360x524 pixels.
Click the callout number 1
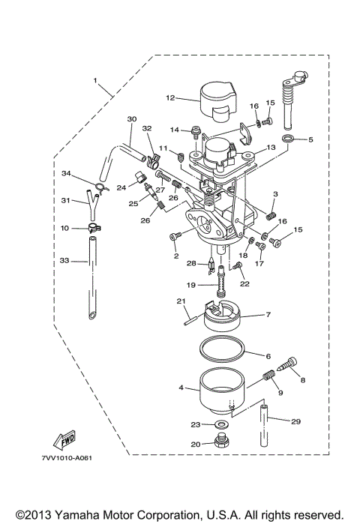click(x=95, y=79)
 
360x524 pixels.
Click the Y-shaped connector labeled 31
click(x=91, y=202)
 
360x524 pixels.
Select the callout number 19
click(x=191, y=285)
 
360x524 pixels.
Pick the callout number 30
click(x=132, y=119)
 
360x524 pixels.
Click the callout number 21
click(x=181, y=301)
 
